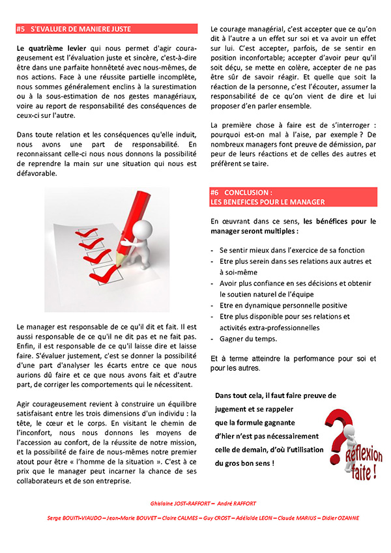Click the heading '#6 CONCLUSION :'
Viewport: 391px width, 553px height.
pyautogui.click(x=241, y=193)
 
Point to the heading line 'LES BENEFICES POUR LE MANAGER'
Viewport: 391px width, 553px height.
pyautogui.click(x=267, y=202)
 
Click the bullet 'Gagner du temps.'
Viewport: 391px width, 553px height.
pyautogui.click(x=248, y=339)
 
